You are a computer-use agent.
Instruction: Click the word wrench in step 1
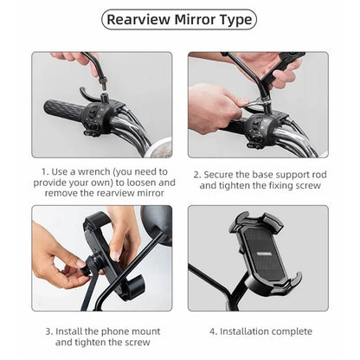tap(93, 172)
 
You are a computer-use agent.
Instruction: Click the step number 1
tap(43, 172)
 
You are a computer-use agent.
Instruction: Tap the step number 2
tap(196, 172)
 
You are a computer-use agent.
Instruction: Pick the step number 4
tap(211, 331)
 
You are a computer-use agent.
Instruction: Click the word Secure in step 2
tap(222, 172)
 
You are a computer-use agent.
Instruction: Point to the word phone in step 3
tap(122, 331)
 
